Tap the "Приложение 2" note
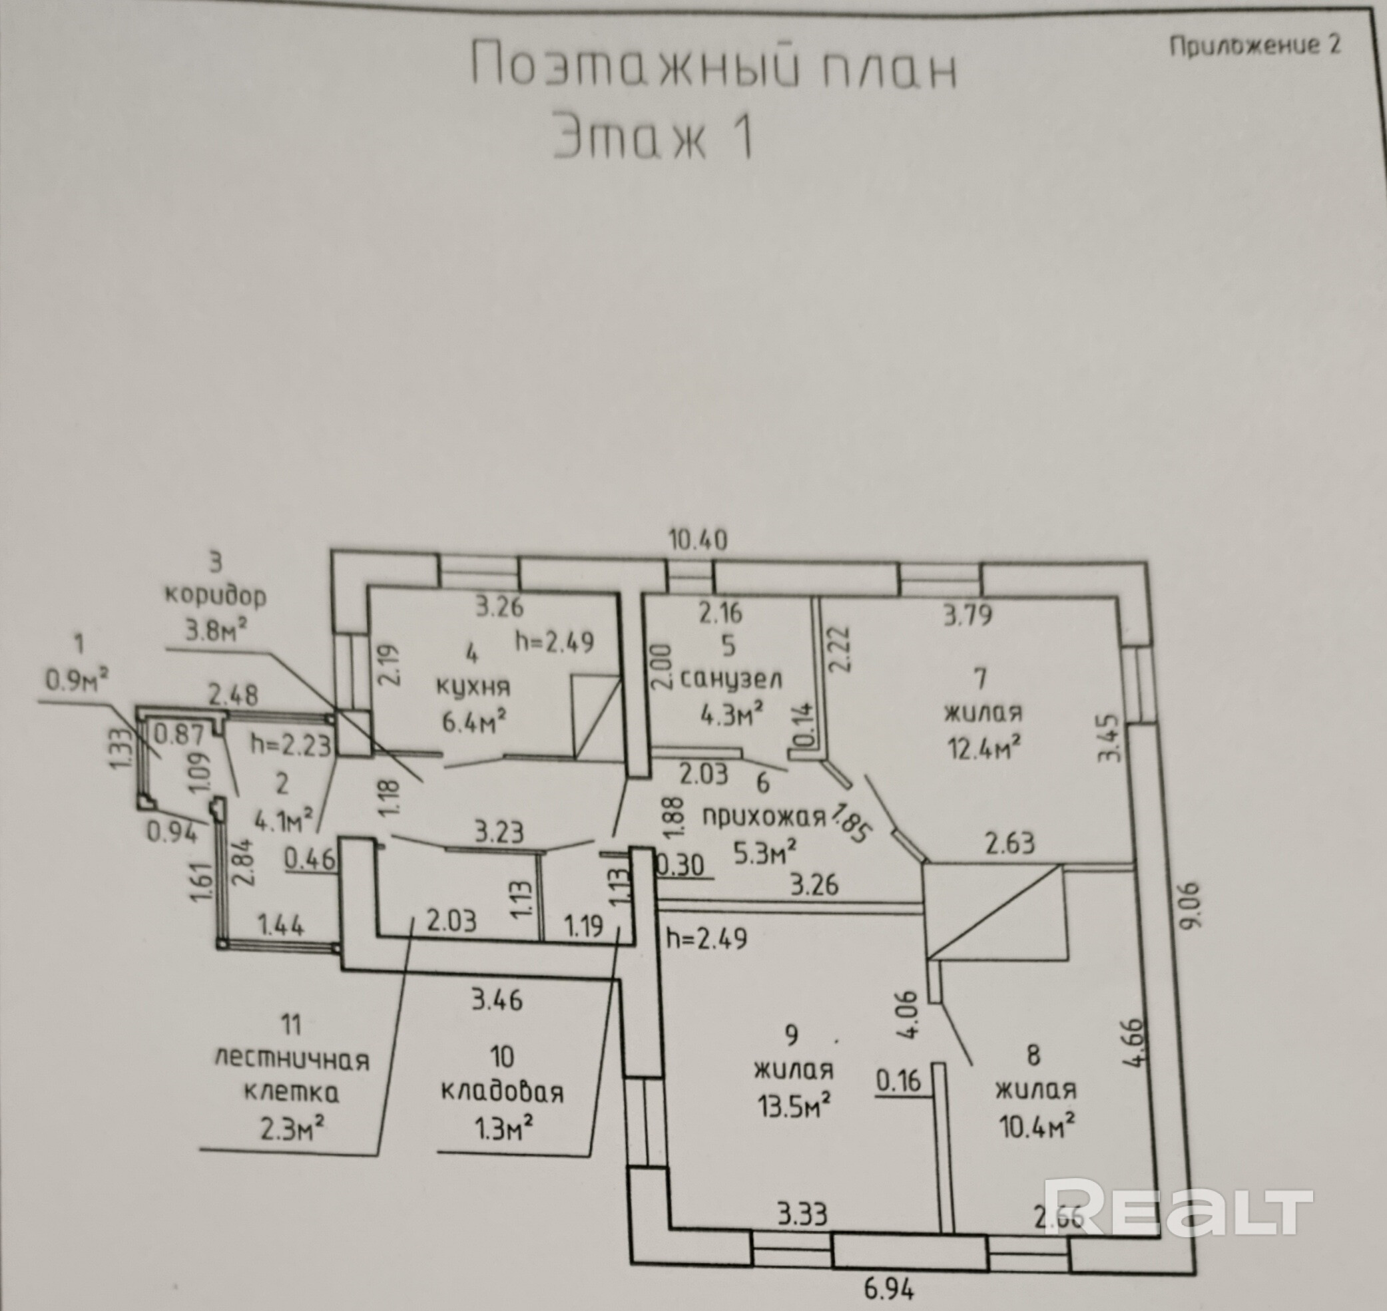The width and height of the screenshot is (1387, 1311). tap(1255, 45)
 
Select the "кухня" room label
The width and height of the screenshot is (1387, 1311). tap(473, 686)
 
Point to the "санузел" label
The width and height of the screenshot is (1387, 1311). tap(730, 679)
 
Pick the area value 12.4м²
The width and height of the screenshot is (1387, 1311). tap(983, 749)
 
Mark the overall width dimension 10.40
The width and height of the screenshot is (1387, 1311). tap(698, 540)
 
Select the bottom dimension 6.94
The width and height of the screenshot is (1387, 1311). tap(889, 1288)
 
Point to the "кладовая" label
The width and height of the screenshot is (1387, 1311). tap(502, 1091)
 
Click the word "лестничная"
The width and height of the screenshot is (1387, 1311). tap(292, 1060)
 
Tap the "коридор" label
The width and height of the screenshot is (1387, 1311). tap(215, 597)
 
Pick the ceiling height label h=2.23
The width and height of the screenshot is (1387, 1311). tap(290, 745)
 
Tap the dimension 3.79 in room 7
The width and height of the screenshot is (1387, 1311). tap(968, 616)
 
